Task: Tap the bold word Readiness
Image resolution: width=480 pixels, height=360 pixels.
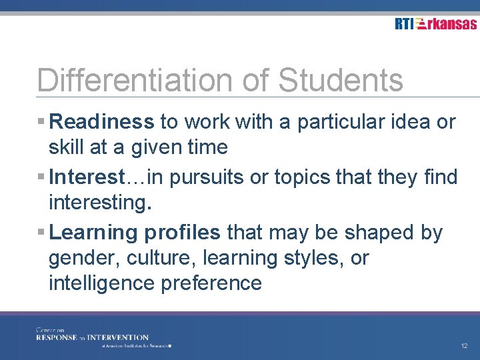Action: coord(102,122)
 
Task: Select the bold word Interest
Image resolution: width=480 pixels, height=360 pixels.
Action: coord(87,177)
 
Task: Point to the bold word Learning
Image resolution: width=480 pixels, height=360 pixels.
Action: coord(93,233)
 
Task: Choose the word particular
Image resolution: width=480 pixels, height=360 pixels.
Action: coord(353,122)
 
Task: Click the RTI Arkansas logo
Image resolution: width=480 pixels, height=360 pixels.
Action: coord(435,24)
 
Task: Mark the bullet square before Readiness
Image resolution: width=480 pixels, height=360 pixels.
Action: coord(41,123)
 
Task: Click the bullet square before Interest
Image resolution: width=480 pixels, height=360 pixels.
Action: coord(41,178)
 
